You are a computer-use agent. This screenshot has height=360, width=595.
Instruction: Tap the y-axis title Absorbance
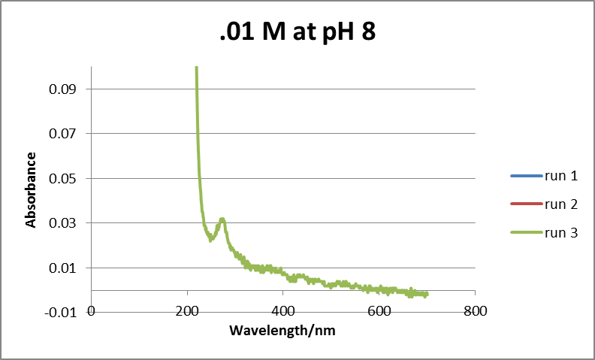click(31, 189)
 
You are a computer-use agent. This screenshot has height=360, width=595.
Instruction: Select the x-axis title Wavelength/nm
click(282, 330)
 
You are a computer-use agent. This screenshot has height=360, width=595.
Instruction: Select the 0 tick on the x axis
click(92, 310)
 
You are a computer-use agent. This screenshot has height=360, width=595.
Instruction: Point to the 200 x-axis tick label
click(187, 310)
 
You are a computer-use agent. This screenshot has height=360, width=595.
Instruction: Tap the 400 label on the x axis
click(282, 310)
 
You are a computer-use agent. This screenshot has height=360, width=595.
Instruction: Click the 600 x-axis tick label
click(379, 310)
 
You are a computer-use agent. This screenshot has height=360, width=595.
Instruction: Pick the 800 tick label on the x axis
click(474, 310)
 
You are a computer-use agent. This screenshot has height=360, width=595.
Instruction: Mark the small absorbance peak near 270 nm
click(222, 219)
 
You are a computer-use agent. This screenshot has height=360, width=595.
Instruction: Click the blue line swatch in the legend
click(524, 177)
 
